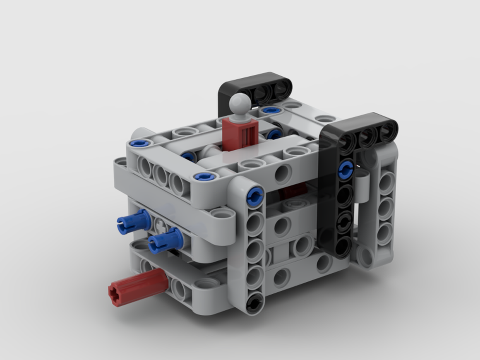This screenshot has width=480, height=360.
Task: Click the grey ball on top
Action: click(240, 103)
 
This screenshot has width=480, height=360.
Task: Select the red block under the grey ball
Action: click(240, 134)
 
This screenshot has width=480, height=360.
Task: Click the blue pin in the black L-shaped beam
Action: click(345, 169)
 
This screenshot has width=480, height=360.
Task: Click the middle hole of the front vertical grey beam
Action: click(254, 249)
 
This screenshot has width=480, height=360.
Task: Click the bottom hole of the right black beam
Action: click(342, 247)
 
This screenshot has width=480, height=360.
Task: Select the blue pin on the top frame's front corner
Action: click(204, 177)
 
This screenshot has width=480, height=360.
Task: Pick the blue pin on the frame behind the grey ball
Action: click(271, 110)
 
